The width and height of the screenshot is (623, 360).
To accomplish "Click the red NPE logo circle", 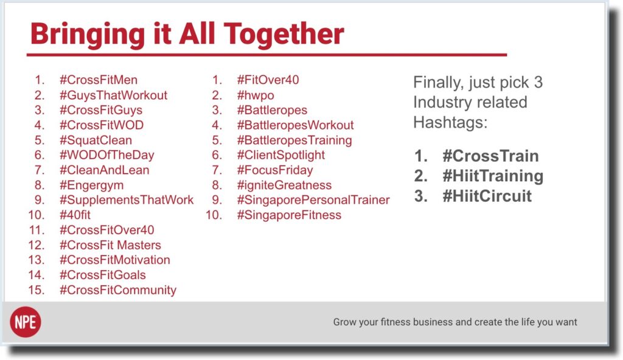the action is click(26, 322).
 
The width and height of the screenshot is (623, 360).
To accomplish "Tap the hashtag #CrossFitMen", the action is click(99, 80).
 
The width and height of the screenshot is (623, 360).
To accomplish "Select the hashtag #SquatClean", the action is click(96, 140).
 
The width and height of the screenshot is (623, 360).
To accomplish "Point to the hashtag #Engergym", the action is click(92, 185).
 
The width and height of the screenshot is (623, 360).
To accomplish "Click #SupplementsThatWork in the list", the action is click(127, 200).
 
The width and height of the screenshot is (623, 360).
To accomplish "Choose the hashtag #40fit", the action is click(75, 215).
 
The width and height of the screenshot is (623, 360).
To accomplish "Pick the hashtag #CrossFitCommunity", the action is click(118, 290).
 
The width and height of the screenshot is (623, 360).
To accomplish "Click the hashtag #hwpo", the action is click(256, 95).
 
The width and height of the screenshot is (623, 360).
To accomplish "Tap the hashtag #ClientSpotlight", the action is click(281, 155).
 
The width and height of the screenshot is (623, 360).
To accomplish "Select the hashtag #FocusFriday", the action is click(275, 170).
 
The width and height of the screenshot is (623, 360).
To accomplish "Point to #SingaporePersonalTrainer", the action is click(313, 200).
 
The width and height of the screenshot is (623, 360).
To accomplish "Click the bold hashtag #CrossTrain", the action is click(491, 156).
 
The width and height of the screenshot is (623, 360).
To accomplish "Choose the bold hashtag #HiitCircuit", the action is click(487, 196).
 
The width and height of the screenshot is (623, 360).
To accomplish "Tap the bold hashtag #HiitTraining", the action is click(493, 176).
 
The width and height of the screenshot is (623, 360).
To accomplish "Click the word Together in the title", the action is click(284, 34).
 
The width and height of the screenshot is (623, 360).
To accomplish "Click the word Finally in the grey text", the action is click(439, 83).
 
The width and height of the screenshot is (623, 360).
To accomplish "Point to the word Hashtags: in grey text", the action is click(450, 122).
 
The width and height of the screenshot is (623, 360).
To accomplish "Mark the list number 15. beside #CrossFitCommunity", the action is click(37, 290).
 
